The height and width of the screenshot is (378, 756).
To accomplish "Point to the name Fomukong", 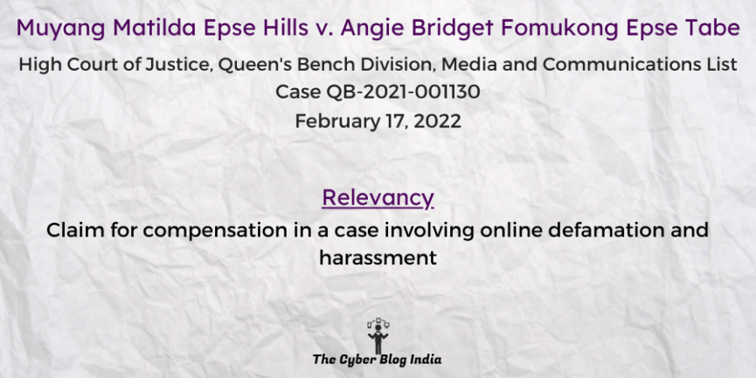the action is pyautogui.click(x=559, y=28).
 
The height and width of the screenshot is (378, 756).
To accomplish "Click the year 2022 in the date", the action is pyautogui.click(x=437, y=121).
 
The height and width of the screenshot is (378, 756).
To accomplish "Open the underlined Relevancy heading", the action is pyautogui.click(x=378, y=198).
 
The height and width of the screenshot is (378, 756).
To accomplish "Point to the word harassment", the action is pyautogui.click(x=378, y=258).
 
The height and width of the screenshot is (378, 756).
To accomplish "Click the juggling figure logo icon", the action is pyautogui.click(x=378, y=335).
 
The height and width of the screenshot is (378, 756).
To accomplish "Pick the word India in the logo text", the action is pyautogui.click(x=427, y=359).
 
